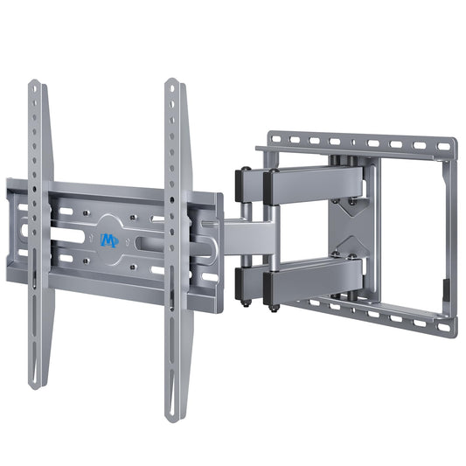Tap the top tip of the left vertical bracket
(36, 84)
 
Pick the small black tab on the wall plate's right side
(445, 287)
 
